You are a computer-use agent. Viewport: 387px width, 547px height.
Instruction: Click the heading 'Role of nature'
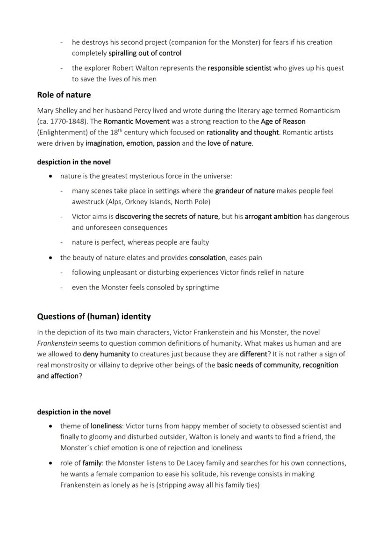point(64,95)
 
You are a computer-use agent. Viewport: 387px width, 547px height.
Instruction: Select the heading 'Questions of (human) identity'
point(94,317)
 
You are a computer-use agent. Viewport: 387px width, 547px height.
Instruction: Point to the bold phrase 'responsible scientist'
point(239,68)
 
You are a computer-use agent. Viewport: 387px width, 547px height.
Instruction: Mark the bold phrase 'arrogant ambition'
point(273,216)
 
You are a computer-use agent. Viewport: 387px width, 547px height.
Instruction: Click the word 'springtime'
point(199,287)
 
